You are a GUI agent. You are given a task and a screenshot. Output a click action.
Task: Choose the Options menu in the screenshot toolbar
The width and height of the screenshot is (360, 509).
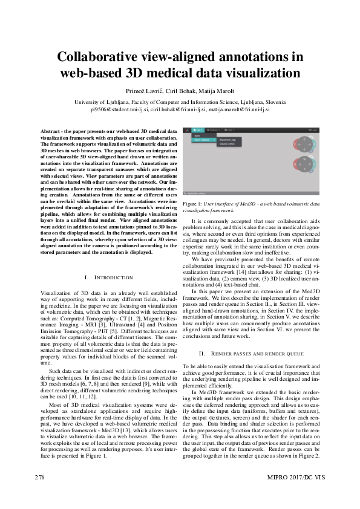coord(214,130)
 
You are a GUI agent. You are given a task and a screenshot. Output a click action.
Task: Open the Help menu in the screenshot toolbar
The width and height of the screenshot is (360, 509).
coord(231,130)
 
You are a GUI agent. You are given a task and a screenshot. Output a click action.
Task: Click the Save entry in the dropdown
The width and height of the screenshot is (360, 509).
coord(197,135)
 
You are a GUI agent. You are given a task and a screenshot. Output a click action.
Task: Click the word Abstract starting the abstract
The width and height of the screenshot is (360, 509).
coord(51,131)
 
